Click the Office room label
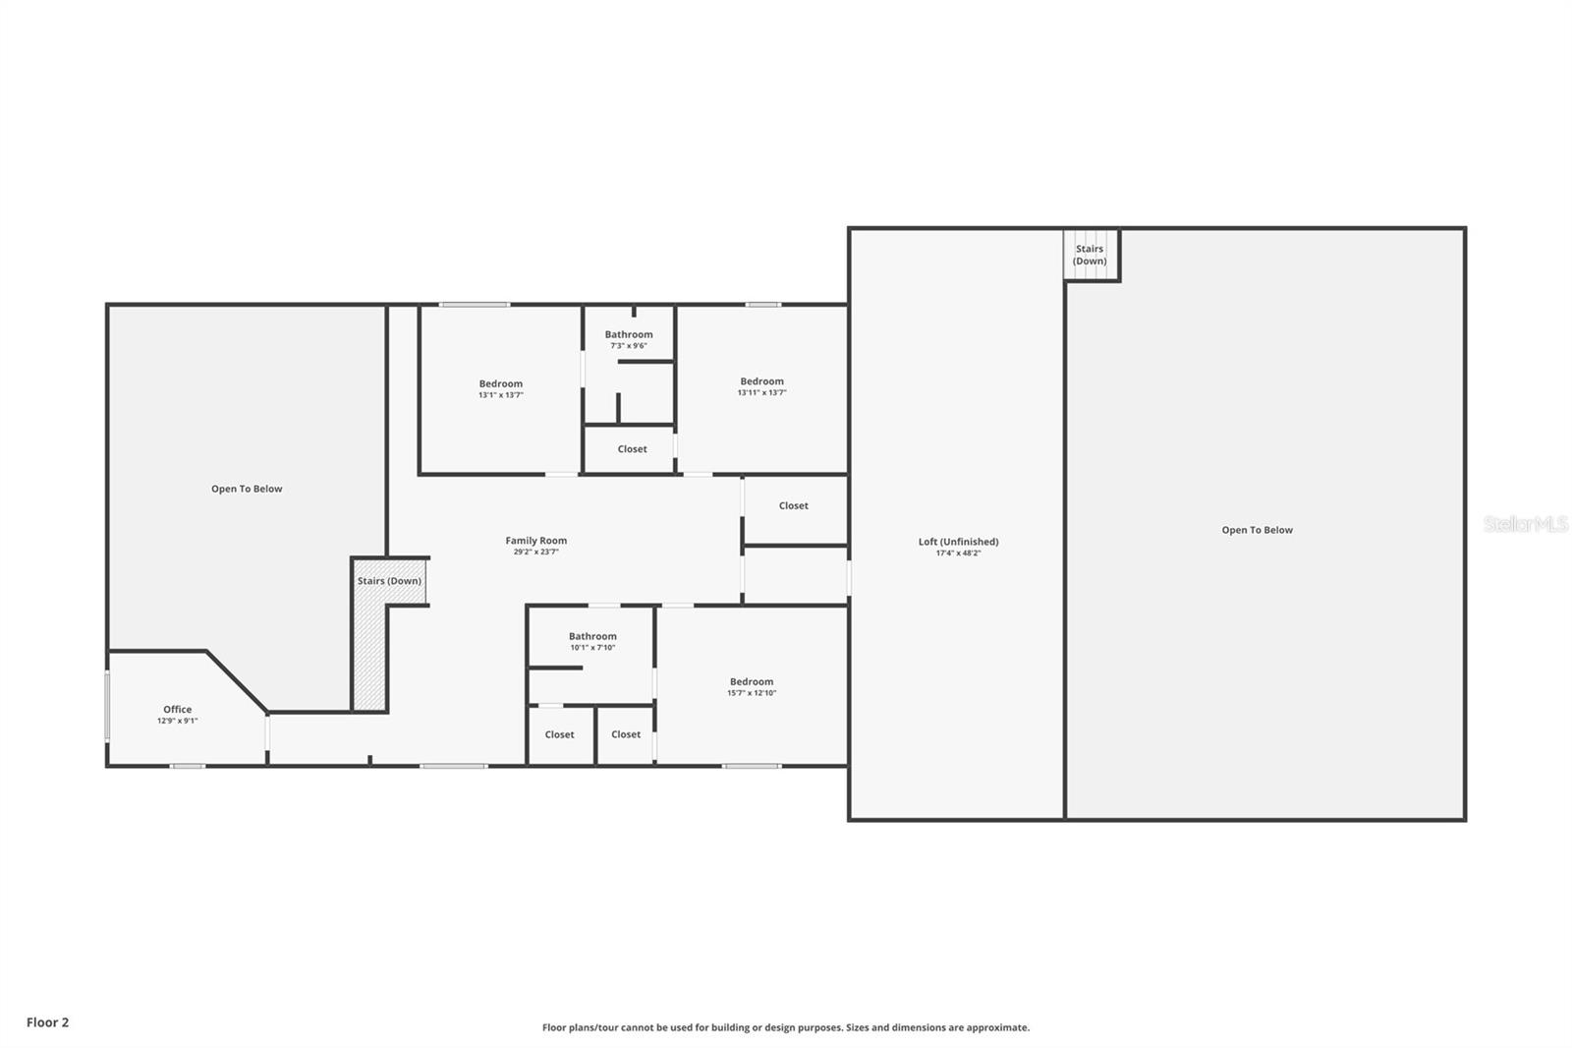(x=178, y=709)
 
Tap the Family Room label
(x=535, y=540)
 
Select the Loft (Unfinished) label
(x=958, y=541)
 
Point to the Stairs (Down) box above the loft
(x=1090, y=255)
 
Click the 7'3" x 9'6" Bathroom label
(x=629, y=334)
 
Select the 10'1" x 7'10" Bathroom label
(x=592, y=636)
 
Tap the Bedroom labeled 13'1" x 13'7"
(x=501, y=383)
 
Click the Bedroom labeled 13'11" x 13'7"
(x=761, y=380)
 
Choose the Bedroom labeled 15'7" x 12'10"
(x=752, y=681)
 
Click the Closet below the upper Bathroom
(x=632, y=448)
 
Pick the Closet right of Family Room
(x=793, y=505)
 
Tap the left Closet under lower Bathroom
(x=559, y=734)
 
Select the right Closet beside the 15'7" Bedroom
(x=626, y=734)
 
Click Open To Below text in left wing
(x=247, y=489)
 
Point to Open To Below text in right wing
(x=1257, y=530)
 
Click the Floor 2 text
(x=47, y=1022)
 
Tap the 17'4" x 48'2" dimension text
(x=958, y=553)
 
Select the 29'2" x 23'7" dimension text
(x=535, y=553)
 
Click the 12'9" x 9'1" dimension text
(x=178, y=722)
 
